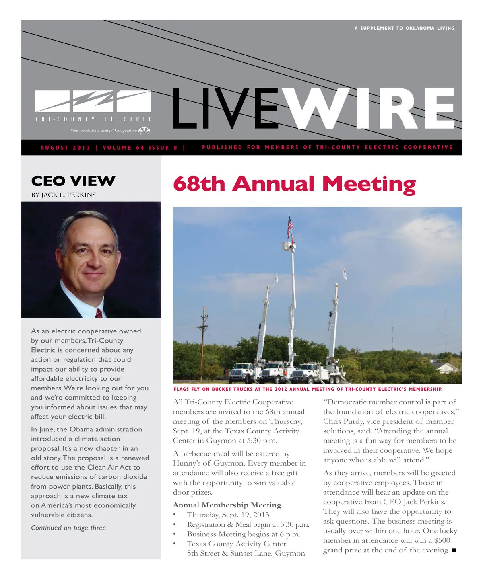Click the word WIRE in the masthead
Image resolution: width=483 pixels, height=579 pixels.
click(x=372, y=109)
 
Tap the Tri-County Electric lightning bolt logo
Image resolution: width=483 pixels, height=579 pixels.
click(x=93, y=101)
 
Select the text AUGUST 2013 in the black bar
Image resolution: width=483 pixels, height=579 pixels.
click(x=66, y=148)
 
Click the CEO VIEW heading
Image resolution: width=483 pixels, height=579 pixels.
click(x=73, y=181)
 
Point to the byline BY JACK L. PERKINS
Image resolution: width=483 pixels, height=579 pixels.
click(x=64, y=195)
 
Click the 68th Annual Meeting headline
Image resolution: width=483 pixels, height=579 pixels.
click(x=294, y=184)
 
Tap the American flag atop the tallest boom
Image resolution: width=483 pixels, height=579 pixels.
click(x=290, y=226)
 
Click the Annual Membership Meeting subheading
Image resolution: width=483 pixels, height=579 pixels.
click(x=227, y=505)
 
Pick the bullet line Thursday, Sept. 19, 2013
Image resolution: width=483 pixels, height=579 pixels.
click(x=228, y=515)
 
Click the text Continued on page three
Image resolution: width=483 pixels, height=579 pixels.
click(x=68, y=528)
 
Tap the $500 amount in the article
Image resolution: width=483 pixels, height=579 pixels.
click(x=442, y=540)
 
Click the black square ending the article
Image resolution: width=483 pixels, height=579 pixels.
click(x=454, y=550)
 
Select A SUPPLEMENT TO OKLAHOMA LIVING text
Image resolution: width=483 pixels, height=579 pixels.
click(x=405, y=28)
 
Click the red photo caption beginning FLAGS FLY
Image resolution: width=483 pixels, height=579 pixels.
click(x=308, y=389)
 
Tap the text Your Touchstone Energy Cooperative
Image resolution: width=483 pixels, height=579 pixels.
click(x=103, y=130)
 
